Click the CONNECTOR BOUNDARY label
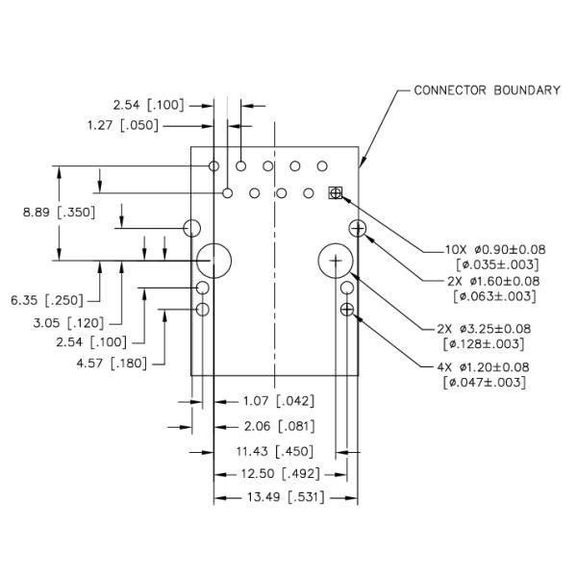[487, 90]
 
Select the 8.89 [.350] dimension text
[59, 213]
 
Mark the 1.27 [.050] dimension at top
[122, 125]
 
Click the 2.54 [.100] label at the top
[148, 104]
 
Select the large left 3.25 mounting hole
[215, 260]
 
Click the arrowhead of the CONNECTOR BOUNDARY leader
[362, 166]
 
